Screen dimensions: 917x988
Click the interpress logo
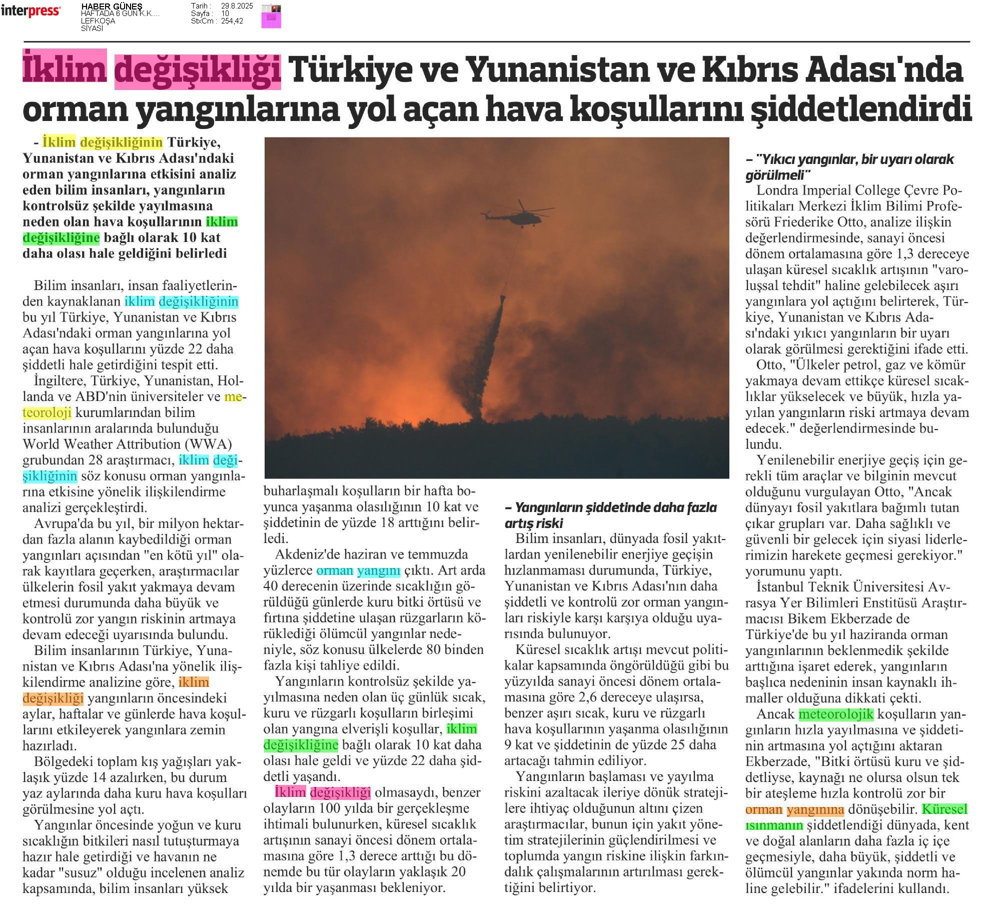pyautogui.click(x=31, y=10)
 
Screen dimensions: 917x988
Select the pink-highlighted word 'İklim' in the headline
pyautogui.click(x=65, y=70)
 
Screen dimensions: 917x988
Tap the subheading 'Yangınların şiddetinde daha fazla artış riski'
pyautogui.click(x=610, y=515)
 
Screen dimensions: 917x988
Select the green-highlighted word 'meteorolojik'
pyautogui.click(x=835, y=714)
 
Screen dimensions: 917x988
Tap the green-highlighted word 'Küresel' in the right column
pyautogui.click(x=944, y=809)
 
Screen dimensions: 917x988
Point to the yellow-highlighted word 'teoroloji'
pyautogui.click(x=47, y=412)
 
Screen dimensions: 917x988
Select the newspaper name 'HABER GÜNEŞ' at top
pyautogui.click(x=112, y=6)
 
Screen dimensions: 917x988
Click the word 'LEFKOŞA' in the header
pyautogui.click(x=98, y=21)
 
